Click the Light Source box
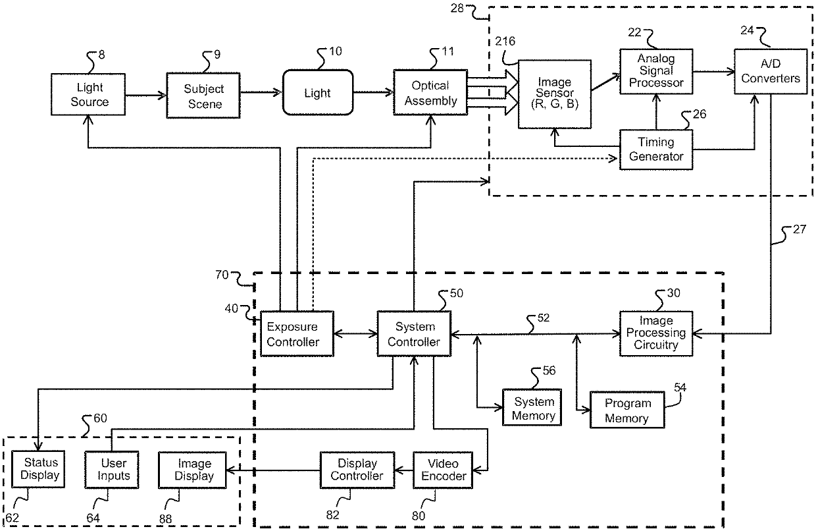88,94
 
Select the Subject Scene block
203,96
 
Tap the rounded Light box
318,93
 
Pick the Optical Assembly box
430,93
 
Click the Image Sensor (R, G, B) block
555,94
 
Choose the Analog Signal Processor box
656,71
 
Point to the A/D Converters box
771,71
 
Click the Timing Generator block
656,150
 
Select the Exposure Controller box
297,334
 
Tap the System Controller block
414,334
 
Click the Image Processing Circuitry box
656,333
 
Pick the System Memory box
532,407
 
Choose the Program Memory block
627,410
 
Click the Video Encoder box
443,470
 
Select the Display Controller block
357,470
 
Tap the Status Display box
38,469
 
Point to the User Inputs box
112,470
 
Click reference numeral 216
505,42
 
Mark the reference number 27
800,229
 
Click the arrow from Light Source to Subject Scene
145,96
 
